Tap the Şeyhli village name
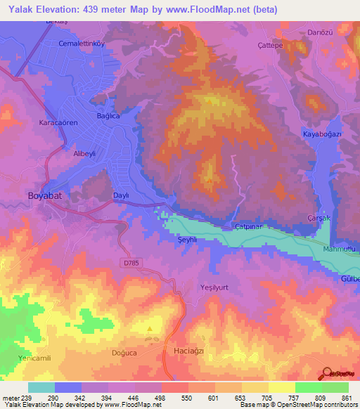tap(184, 240)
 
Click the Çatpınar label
tap(247, 226)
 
